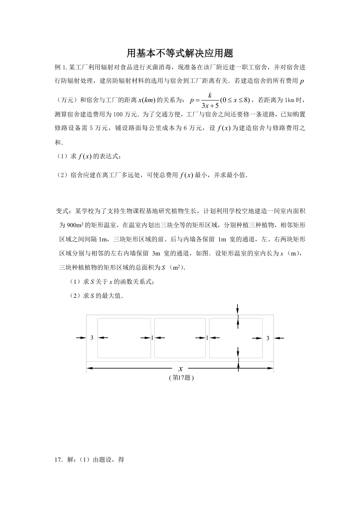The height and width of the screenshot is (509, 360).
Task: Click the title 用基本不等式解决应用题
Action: pyautogui.click(x=180, y=52)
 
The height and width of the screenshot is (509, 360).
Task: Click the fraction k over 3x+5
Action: pyautogui.click(x=210, y=100)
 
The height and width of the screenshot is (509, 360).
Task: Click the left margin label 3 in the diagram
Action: pyautogui.click(x=92, y=338)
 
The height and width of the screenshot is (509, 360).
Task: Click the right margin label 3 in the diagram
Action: pyautogui.click(x=268, y=338)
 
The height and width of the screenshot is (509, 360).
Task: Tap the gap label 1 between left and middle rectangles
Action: pyautogui.click(x=152, y=338)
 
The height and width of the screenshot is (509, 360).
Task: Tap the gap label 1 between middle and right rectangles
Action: pyautogui.click(x=207, y=338)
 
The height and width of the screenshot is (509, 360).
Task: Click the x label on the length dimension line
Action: pyautogui.click(x=181, y=368)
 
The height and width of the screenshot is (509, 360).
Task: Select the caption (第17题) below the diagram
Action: pyautogui.click(x=180, y=378)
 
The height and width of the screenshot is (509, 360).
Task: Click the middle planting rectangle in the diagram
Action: pyautogui.click(x=180, y=338)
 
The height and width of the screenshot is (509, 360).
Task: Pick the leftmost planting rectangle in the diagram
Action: pyautogui.click(x=124, y=338)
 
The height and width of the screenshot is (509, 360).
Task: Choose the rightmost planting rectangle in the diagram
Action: pyautogui.click(x=236, y=338)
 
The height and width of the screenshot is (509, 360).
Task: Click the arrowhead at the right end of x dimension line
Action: pyautogui.click(x=270, y=368)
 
